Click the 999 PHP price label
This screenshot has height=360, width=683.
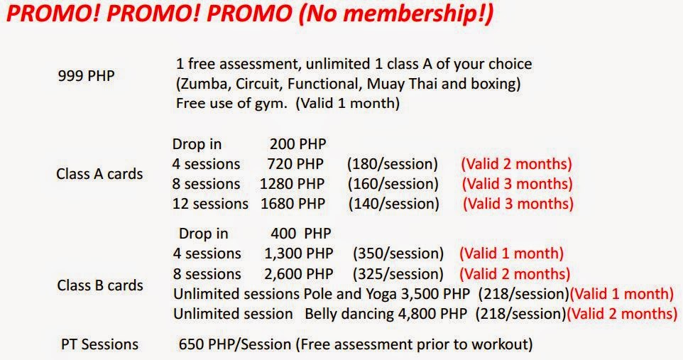point(86,76)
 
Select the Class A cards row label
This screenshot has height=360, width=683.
point(99,174)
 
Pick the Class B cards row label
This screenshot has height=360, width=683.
point(100,285)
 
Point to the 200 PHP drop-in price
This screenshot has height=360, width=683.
point(298,144)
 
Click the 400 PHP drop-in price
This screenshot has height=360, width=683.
point(301,233)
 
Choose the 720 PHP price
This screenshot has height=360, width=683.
point(296,164)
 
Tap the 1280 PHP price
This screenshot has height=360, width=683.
point(293,183)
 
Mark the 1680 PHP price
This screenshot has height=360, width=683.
point(293,204)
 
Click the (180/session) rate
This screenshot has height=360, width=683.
point(393,164)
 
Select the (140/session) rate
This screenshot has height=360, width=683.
point(394,204)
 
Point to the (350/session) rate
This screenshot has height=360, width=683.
point(398,253)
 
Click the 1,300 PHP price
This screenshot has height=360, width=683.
point(299,253)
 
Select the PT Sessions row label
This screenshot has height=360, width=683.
point(99,344)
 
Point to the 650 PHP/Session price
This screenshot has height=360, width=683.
point(235,344)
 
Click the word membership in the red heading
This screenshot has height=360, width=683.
point(412,13)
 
